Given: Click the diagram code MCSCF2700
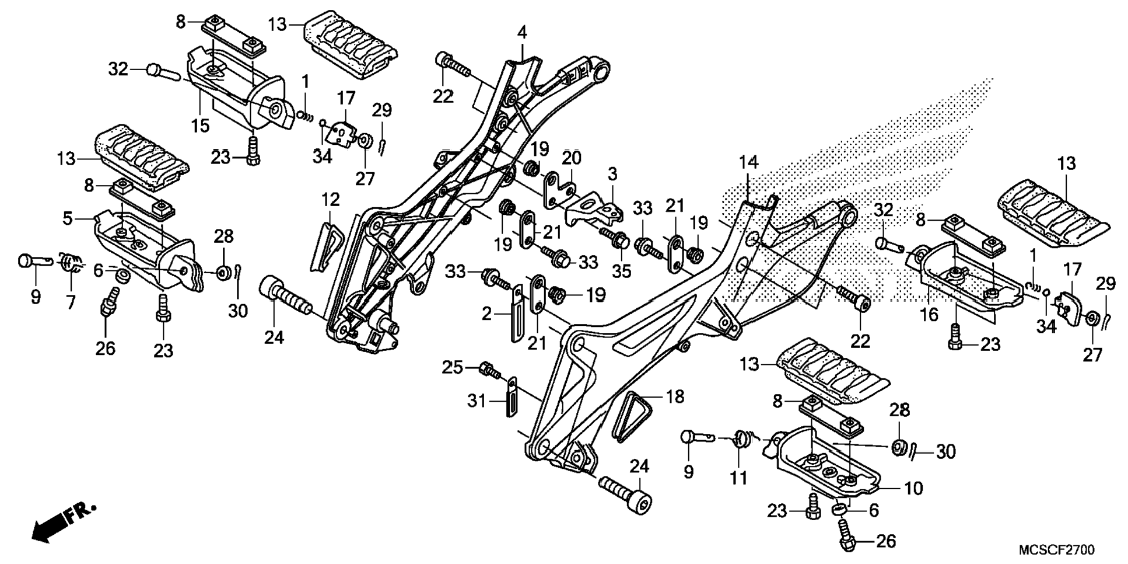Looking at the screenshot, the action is coord(1056,550).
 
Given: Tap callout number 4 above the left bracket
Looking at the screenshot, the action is coord(522,32).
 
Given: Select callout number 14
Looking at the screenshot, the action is coord(749,162).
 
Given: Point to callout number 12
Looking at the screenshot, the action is coord(330,200).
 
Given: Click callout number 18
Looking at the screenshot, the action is coord(675,397).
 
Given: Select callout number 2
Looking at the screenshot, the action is coord(487,315).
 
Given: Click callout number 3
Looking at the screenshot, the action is coord(612,174).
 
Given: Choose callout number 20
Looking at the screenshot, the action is coord(572,158).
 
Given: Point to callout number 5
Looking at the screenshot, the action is coord(68,219).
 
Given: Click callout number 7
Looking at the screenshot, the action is coord(71,302).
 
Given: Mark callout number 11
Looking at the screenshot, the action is coord(738,479).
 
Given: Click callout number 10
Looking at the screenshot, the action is coord(913,488).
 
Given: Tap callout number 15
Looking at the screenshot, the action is coord(200,126).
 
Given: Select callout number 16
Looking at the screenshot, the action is coord(929,315).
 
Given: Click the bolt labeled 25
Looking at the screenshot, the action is coord(489,370).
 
